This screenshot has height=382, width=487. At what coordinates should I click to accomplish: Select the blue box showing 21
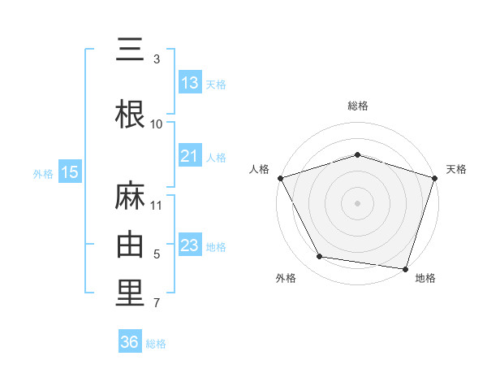pos(190,157)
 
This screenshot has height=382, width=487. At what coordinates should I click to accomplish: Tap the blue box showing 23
pos(190,245)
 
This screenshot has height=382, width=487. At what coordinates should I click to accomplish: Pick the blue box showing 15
pos(70,172)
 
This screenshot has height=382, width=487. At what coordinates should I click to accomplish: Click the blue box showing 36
pos(130,342)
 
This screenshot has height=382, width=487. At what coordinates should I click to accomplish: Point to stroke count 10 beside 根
pos(157,124)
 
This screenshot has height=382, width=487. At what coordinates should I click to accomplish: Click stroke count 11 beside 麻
pos(157,205)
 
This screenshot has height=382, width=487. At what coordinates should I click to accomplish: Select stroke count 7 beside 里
pos(157,304)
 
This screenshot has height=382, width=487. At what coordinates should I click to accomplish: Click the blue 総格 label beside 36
pos(156,343)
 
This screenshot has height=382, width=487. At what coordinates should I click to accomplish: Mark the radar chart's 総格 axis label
pos(357,106)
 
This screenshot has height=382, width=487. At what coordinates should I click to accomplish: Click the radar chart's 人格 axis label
pos(259,169)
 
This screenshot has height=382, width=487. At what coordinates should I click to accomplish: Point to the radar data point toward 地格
pos(405,268)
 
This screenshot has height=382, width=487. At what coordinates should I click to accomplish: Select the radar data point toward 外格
pos(320,257)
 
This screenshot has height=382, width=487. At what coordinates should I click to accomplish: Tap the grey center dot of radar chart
pos(357,202)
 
